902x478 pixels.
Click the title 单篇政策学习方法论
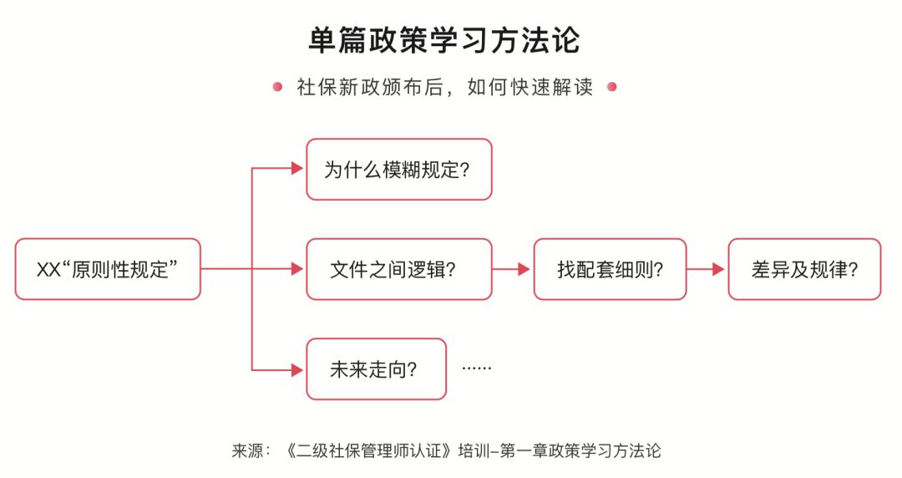[x=444, y=40]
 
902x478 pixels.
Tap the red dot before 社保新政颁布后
[x=277, y=87]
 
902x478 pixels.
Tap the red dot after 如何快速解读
[x=612, y=87]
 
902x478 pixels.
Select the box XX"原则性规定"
[x=108, y=269]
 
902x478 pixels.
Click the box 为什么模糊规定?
[x=399, y=170]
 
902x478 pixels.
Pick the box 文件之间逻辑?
[x=399, y=269]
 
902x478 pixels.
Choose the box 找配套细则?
[x=610, y=269]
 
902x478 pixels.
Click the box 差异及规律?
[x=804, y=269]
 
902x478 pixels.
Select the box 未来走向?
[x=376, y=369]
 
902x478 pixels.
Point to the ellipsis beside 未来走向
[x=477, y=369]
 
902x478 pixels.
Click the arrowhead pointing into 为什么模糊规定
[x=297, y=169]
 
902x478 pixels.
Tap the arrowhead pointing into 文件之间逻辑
[x=297, y=269]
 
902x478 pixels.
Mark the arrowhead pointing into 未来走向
[x=297, y=369]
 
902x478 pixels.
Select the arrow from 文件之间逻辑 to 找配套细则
[x=511, y=269]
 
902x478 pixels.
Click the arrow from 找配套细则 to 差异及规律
[x=706, y=269]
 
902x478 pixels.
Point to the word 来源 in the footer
[x=247, y=450]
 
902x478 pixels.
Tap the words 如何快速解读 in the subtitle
[x=530, y=87]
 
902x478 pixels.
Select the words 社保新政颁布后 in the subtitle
[x=370, y=87]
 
